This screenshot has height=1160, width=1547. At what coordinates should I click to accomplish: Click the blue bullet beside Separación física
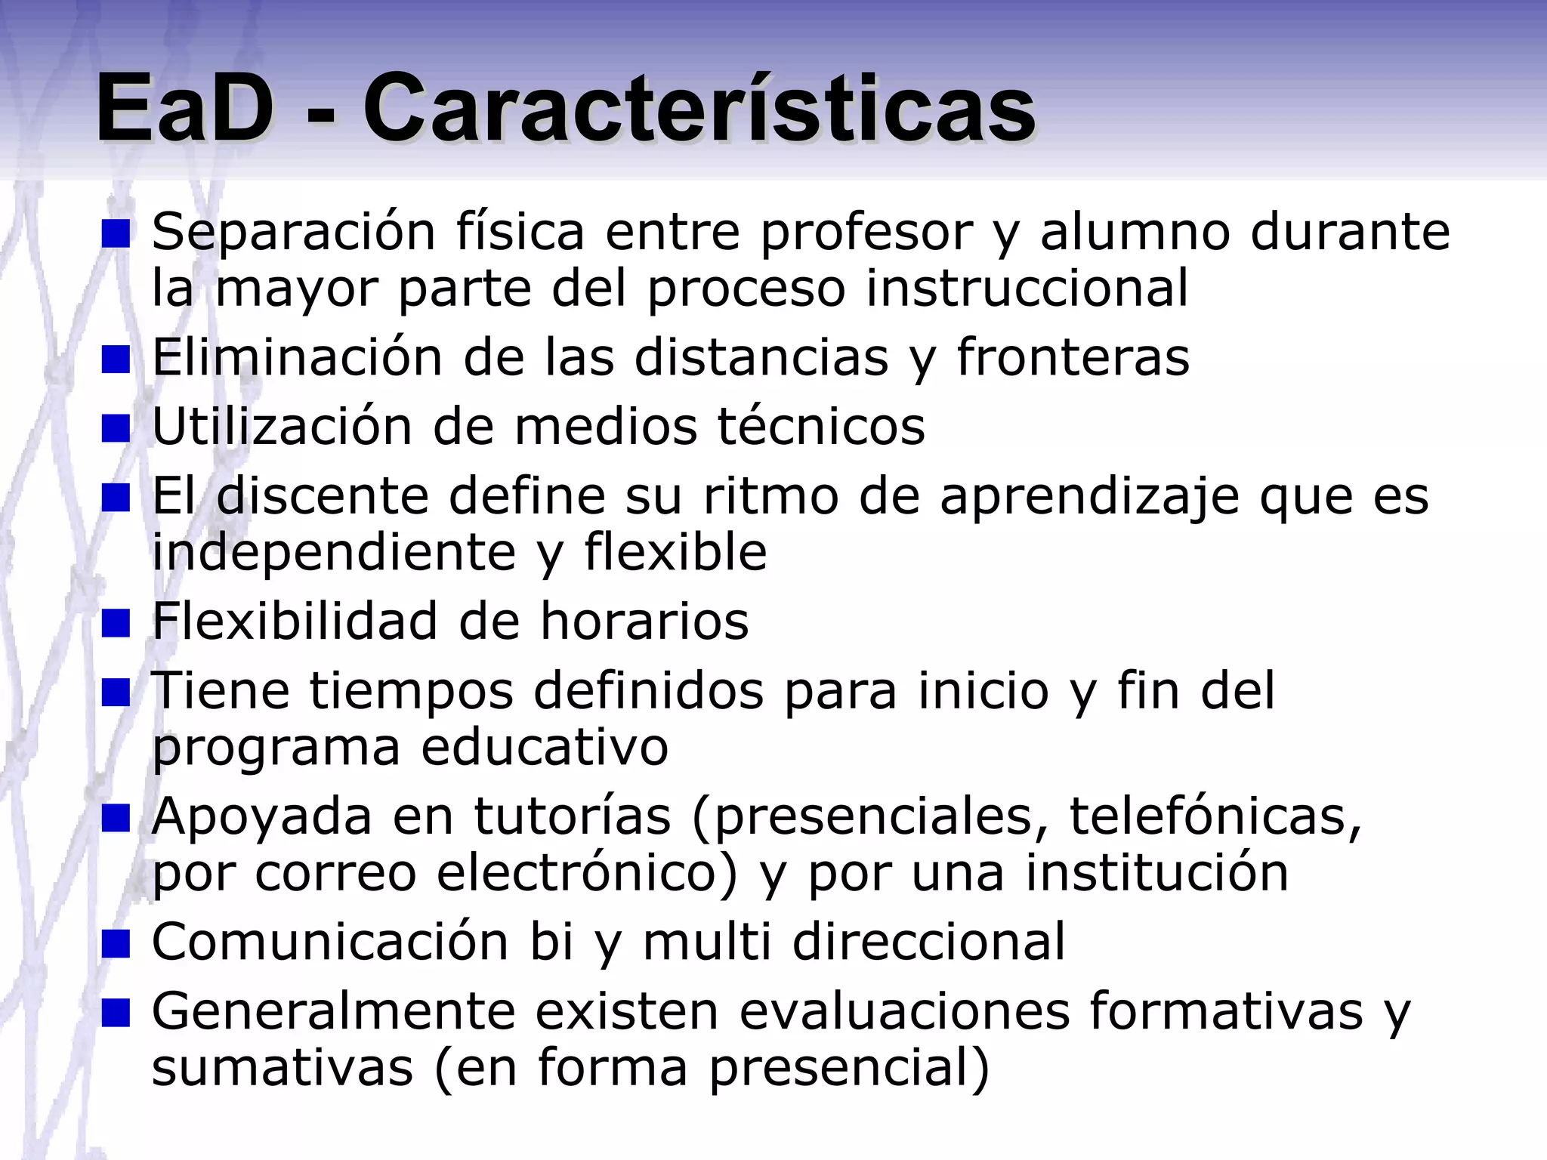pyautogui.click(x=116, y=233)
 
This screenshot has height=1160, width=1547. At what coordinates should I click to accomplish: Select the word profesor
pyautogui.click(x=866, y=232)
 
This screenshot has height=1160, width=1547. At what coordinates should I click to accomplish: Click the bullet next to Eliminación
pyautogui.click(x=116, y=359)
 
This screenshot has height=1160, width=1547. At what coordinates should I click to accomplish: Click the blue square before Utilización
pyautogui.click(x=116, y=428)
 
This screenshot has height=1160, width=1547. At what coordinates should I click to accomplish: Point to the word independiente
pyautogui.click(x=334, y=552)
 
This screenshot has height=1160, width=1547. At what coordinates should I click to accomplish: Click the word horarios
pyautogui.click(x=644, y=621)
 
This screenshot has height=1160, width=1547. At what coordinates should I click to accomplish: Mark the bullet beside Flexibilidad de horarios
pyautogui.click(x=116, y=623)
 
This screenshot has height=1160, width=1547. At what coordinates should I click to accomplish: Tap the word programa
pyautogui.click(x=276, y=748)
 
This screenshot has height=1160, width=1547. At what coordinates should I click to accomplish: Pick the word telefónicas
pyautogui.click(x=1215, y=816)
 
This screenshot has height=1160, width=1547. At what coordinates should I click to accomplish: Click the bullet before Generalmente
pyautogui.click(x=116, y=1013)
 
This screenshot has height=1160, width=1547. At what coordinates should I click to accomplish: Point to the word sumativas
pyautogui.click(x=283, y=1067)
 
